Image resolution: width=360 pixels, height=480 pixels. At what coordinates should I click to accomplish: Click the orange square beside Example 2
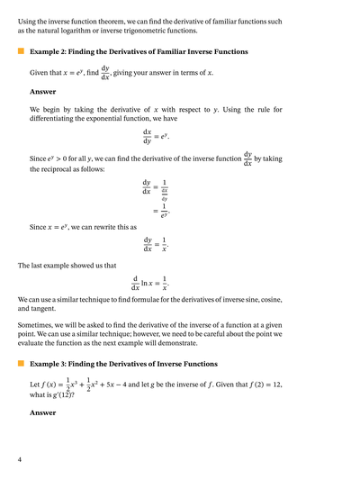(20, 52)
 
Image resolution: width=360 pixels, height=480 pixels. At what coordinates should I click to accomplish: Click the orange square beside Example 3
(20, 364)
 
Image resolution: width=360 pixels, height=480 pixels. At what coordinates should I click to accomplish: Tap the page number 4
(19, 460)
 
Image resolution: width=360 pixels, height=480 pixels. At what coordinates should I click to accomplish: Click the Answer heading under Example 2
(42, 91)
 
